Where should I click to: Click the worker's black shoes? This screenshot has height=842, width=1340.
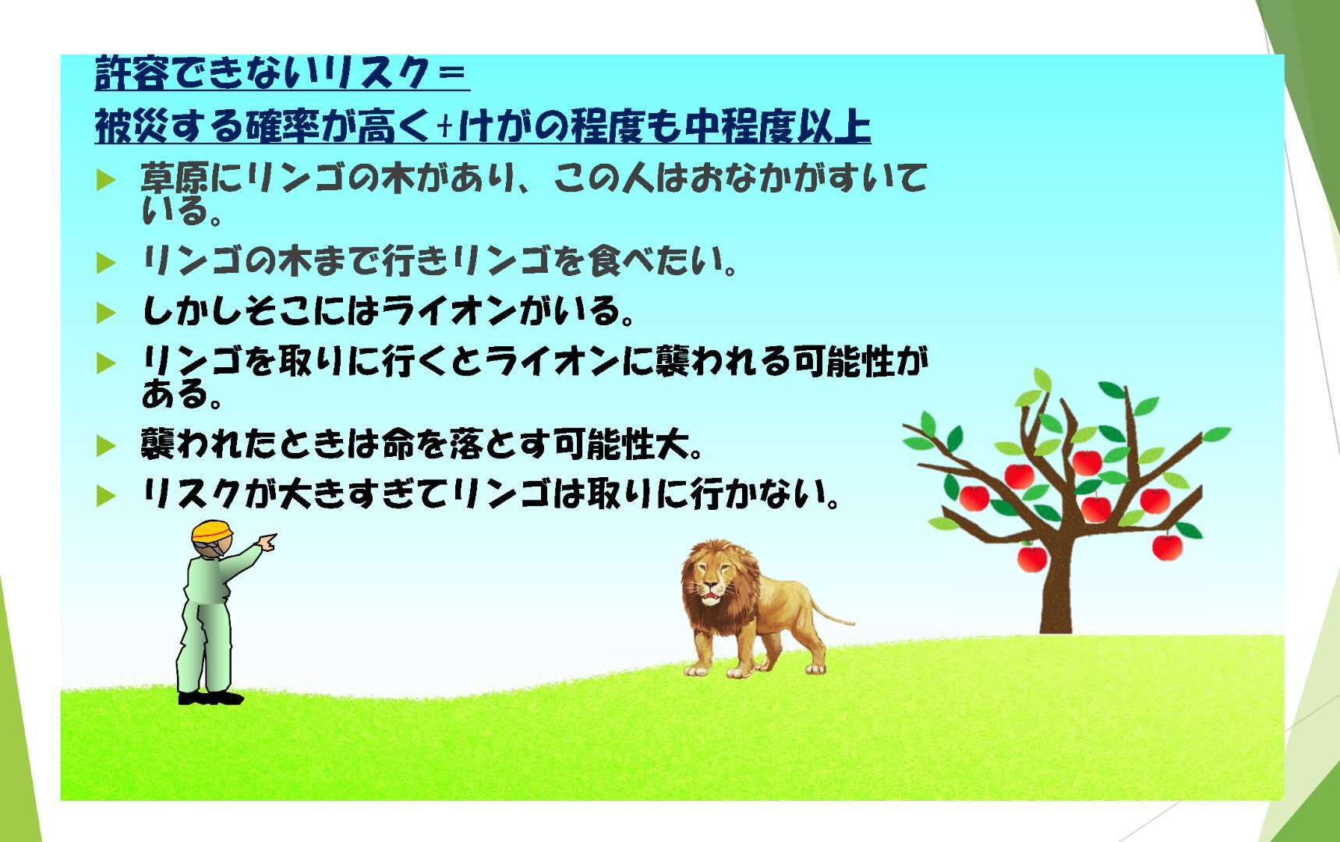click(x=210, y=698)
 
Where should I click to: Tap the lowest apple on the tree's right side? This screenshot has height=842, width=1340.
click(x=1167, y=547)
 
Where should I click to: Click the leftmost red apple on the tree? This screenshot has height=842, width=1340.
click(x=974, y=497)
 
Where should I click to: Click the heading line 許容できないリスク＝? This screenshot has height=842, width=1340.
click(x=282, y=73)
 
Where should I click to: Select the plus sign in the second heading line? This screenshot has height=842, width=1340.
click(x=445, y=127)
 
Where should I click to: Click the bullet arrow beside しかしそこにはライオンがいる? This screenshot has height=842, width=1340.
click(x=105, y=313)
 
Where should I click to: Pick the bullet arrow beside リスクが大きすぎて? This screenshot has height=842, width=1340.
click(x=105, y=495)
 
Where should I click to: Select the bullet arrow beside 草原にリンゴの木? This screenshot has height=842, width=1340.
click(x=105, y=181)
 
